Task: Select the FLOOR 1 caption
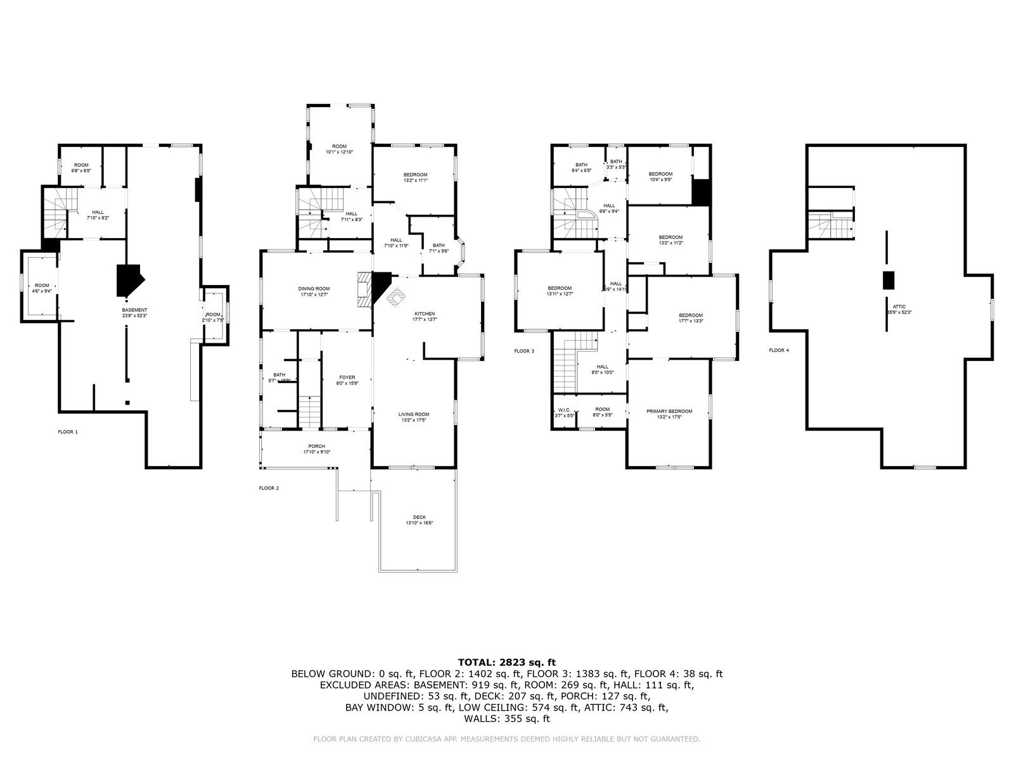coord(68,431)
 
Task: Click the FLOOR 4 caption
coord(779,350)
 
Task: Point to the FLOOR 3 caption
coord(524,350)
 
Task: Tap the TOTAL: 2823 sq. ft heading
coord(506,662)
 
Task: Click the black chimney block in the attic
coord(889,280)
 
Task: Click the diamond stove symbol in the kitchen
coord(397,296)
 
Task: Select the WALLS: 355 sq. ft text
coord(506,719)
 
